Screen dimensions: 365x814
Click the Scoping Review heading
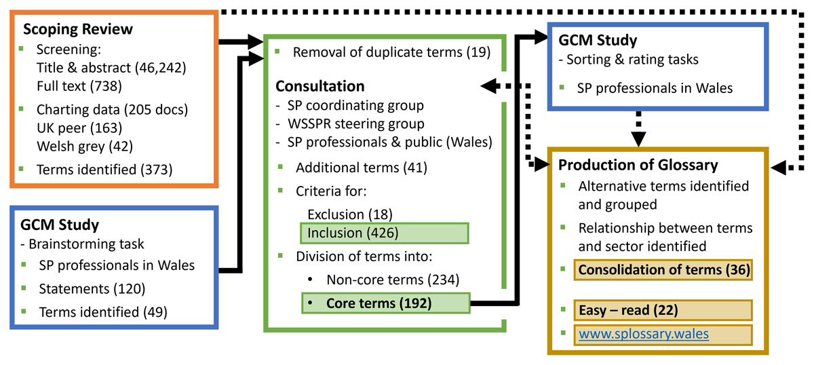coord(78,31)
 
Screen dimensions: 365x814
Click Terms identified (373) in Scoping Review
coord(104,169)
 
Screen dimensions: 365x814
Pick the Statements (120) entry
coord(91,288)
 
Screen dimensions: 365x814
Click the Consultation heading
coord(319,86)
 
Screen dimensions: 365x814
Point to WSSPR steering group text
coord(355,123)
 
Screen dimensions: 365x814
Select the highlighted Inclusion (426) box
coord(384,233)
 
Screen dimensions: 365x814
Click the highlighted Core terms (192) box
coord(384,303)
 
